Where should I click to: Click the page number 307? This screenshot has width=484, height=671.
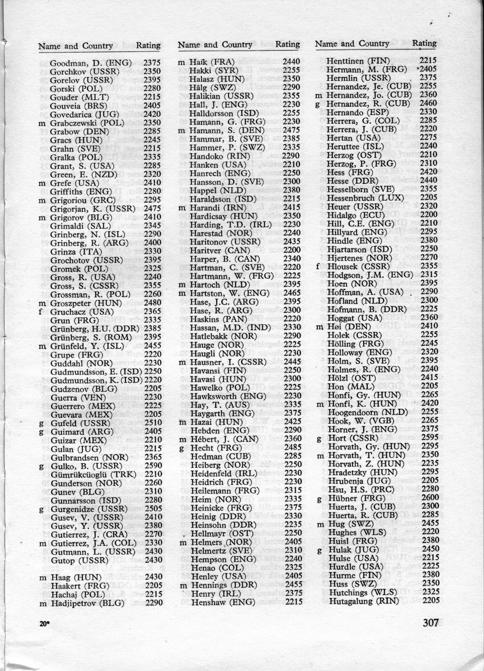pyautogui.click(x=430, y=623)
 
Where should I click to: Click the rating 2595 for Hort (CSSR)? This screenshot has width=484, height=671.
pyautogui.click(x=430, y=438)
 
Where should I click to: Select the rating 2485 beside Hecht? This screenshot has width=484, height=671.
pyautogui.click(x=292, y=448)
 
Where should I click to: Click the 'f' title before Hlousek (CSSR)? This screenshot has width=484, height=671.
pyautogui.click(x=318, y=267)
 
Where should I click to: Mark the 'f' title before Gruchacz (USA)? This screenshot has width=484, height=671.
pyautogui.click(x=40, y=312)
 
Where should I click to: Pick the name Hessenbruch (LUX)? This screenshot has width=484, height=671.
pyautogui.click(x=365, y=198)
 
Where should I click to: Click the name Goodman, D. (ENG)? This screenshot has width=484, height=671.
pyautogui.click(x=91, y=63)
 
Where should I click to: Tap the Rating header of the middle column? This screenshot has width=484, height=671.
pyautogui.click(x=287, y=44)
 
